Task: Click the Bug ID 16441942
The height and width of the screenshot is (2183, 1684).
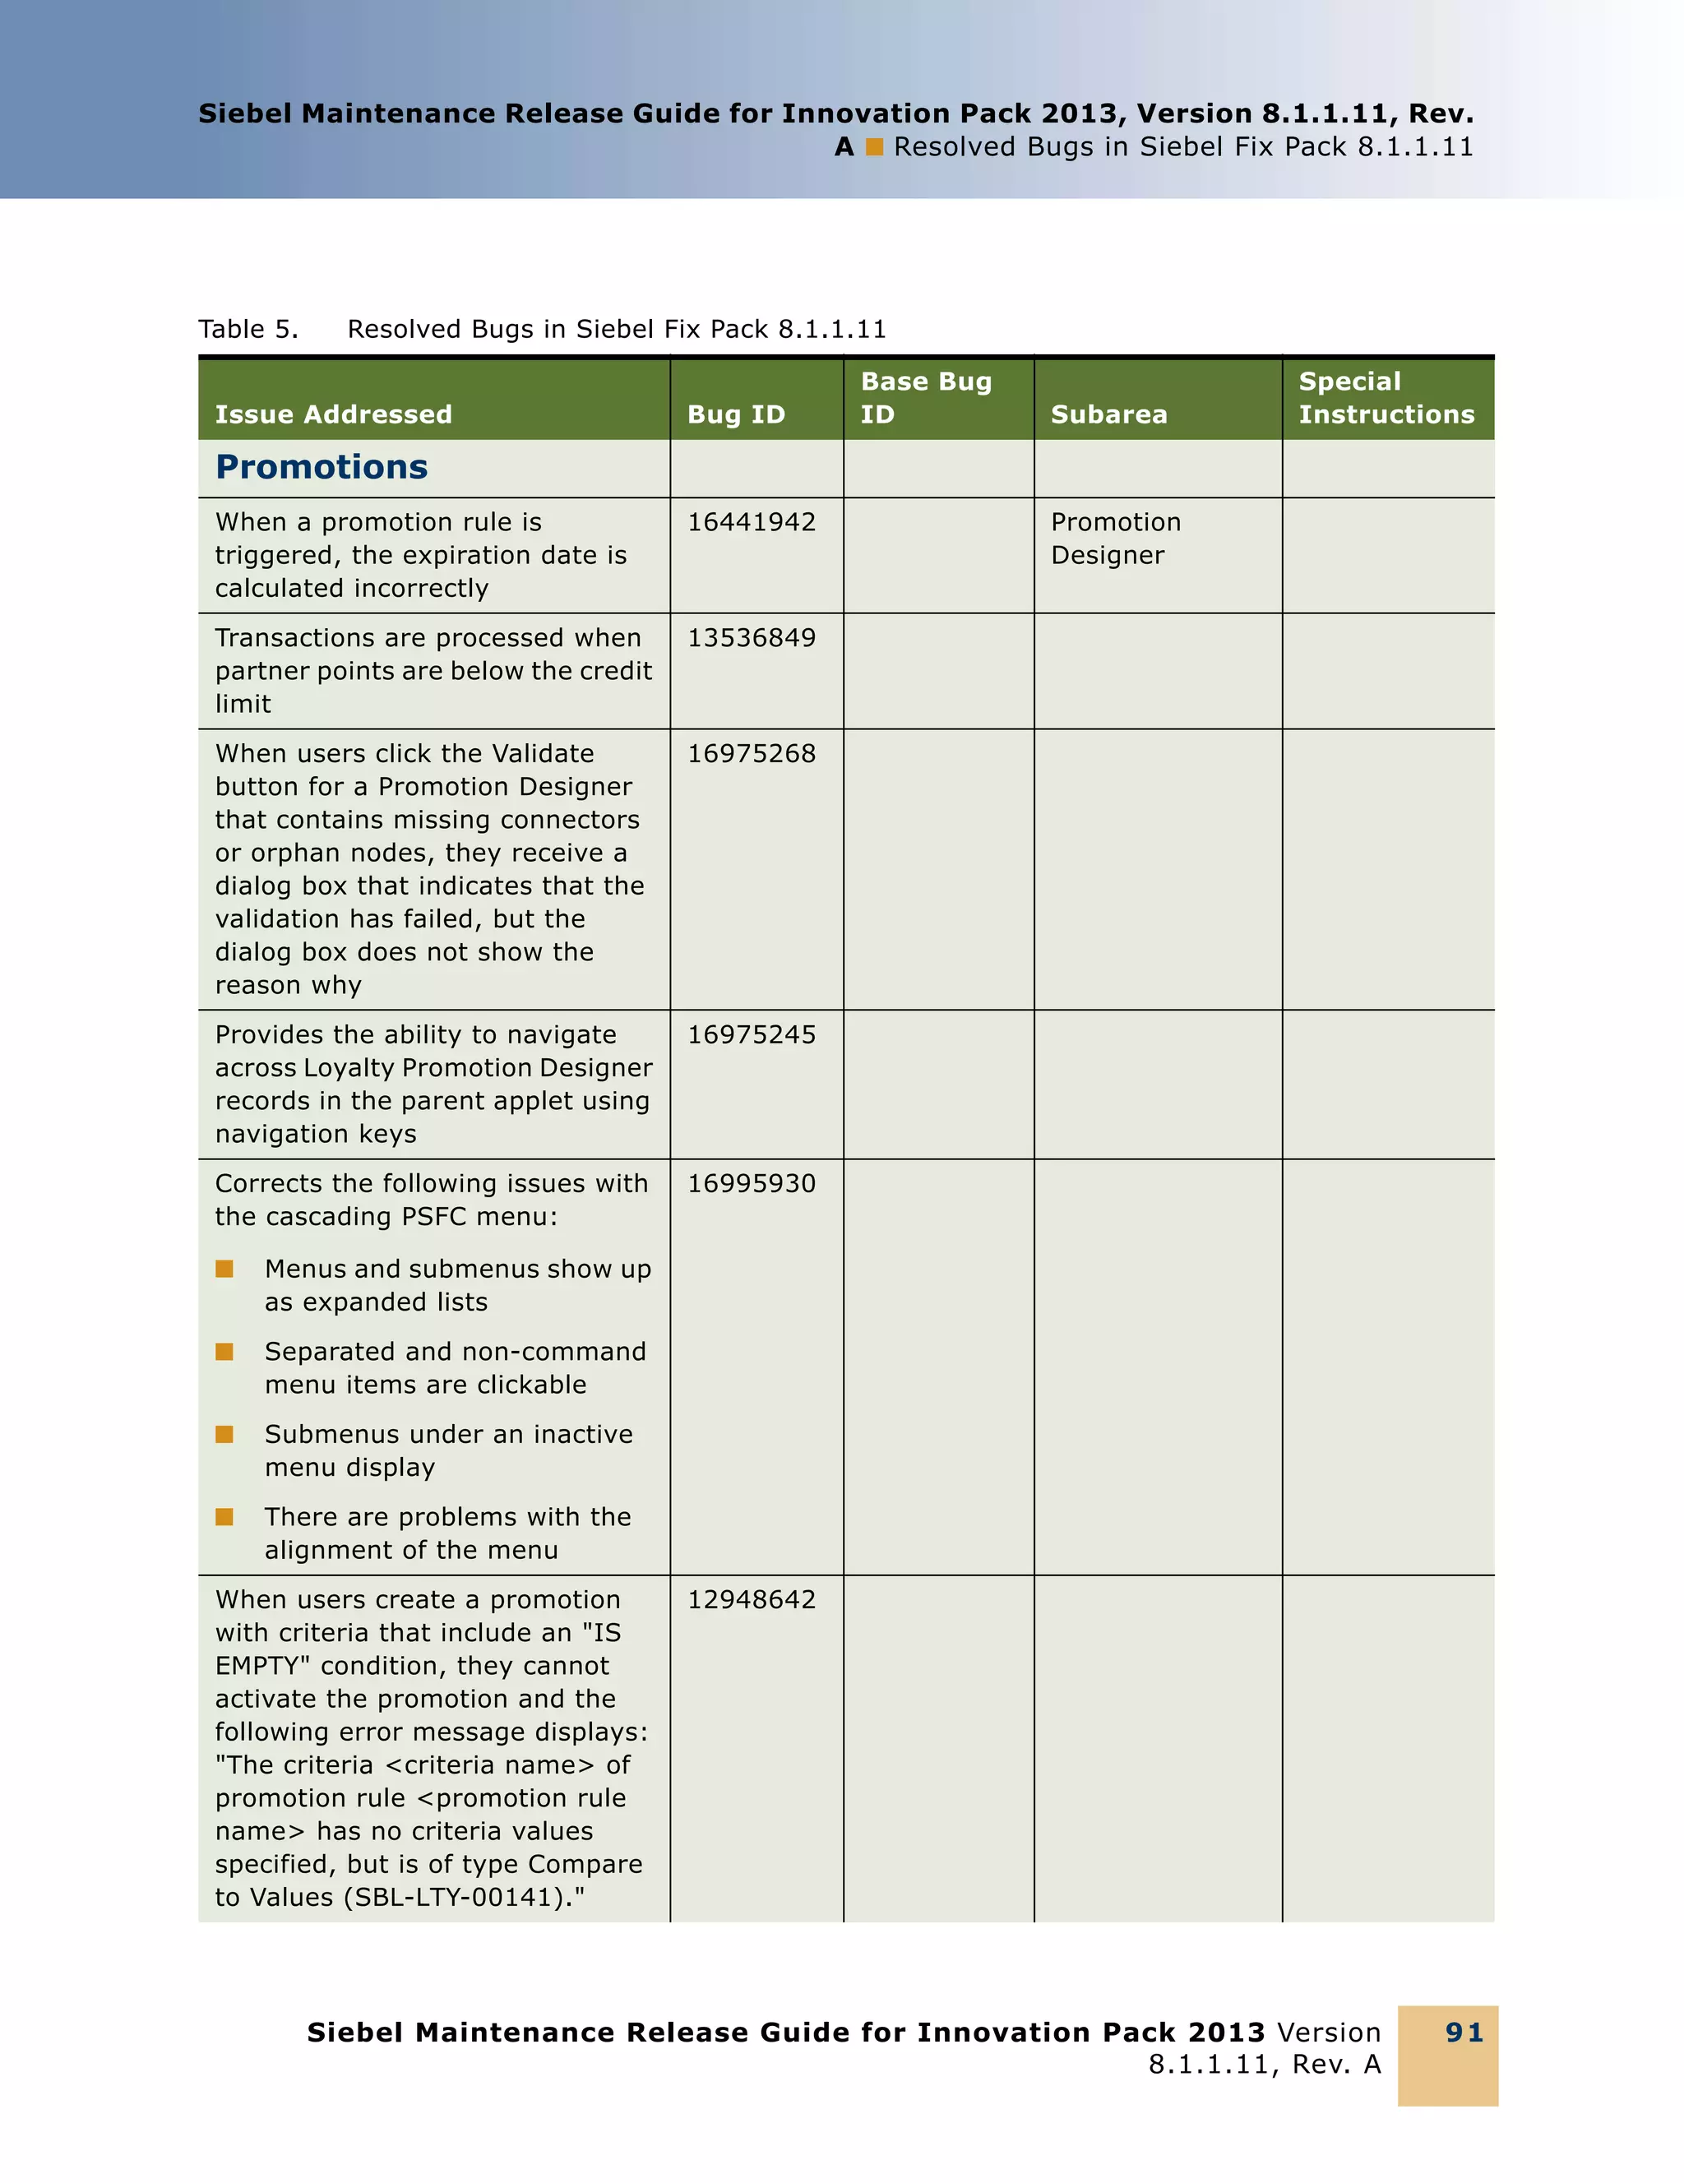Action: tap(751, 522)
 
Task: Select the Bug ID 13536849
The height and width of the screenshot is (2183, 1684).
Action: tap(751, 638)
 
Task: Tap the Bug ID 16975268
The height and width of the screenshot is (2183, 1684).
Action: tap(751, 754)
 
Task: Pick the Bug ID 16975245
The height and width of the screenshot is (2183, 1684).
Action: tap(751, 1034)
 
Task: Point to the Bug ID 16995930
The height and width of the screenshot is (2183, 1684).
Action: tap(751, 1183)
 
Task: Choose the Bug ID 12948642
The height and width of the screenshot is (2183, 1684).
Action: tap(751, 1599)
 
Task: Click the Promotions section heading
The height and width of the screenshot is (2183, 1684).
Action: tap(321, 467)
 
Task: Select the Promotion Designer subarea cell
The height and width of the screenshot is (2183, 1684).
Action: tap(1114, 539)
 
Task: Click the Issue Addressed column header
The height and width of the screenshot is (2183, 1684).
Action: tap(333, 414)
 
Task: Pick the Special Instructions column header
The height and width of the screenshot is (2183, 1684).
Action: tap(1386, 398)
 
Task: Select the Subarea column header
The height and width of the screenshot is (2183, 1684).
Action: tap(1108, 414)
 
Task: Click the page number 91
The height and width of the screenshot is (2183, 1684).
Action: tap(1464, 2032)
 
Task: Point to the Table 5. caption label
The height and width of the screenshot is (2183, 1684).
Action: tap(248, 329)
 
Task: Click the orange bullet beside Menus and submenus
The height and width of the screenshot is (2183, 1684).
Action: tap(224, 1270)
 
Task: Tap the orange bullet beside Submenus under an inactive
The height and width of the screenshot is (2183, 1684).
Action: tap(224, 1434)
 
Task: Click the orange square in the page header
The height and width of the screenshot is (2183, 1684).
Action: tap(875, 147)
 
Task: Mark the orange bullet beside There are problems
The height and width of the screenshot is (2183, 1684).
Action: tap(224, 1517)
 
